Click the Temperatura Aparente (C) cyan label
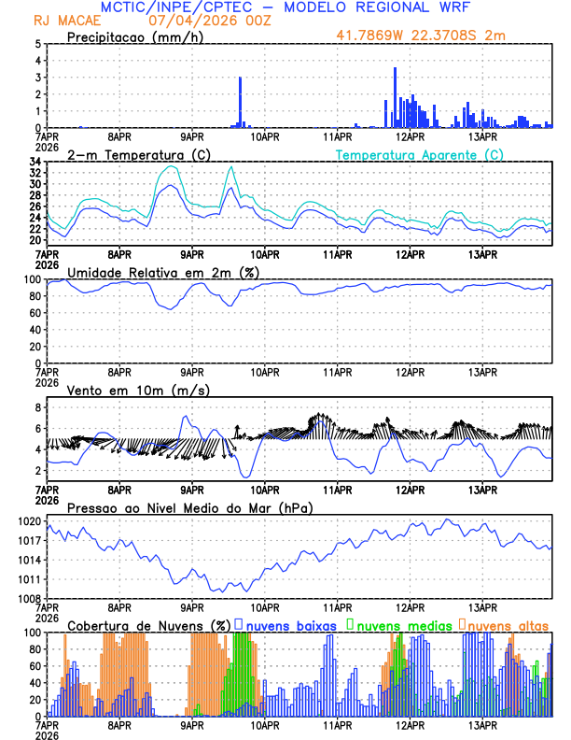[x=420, y=154]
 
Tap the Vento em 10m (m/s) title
[x=125, y=390]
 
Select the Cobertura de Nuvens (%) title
[x=148, y=624]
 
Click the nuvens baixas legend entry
[x=289, y=624]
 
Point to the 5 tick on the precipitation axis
[x=36, y=44]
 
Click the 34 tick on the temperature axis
[x=34, y=162]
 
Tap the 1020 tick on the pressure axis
[x=28, y=521]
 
